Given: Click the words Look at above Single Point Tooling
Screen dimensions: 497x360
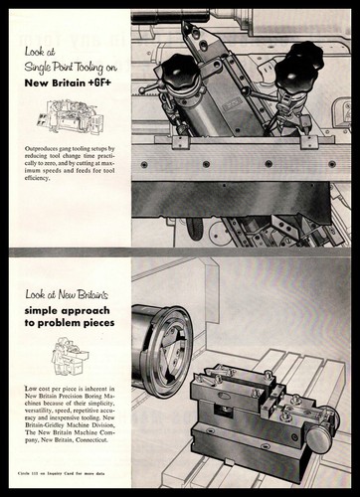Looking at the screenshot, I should click(48, 60).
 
